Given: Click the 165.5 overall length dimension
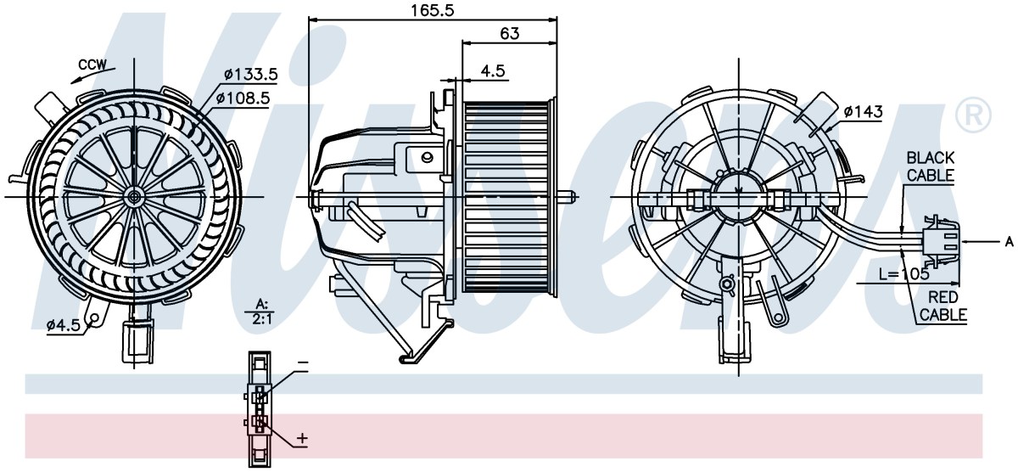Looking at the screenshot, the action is [x=432, y=10].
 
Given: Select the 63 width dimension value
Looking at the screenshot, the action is [x=509, y=34].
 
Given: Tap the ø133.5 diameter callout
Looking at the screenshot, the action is [x=251, y=74].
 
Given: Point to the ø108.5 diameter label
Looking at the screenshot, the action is [x=243, y=98].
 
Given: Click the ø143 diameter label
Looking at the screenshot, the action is [x=863, y=111].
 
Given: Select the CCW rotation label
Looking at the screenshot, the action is [x=92, y=65].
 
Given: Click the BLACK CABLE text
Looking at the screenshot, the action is [x=931, y=166].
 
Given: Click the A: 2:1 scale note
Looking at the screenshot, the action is [x=262, y=312].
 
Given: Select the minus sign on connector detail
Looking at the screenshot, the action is [x=303, y=362].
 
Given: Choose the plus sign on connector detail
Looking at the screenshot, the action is [x=302, y=438].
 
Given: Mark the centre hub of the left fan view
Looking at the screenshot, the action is [x=135, y=197].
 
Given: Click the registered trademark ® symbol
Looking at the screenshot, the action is [x=973, y=115].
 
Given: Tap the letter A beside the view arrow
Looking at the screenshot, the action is [x=1009, y=242].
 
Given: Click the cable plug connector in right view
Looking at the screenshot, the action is [x=941, y=240].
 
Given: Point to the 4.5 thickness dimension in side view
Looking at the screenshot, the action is [x=493, y=71].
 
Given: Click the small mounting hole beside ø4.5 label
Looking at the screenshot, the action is [x=95, y=317].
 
